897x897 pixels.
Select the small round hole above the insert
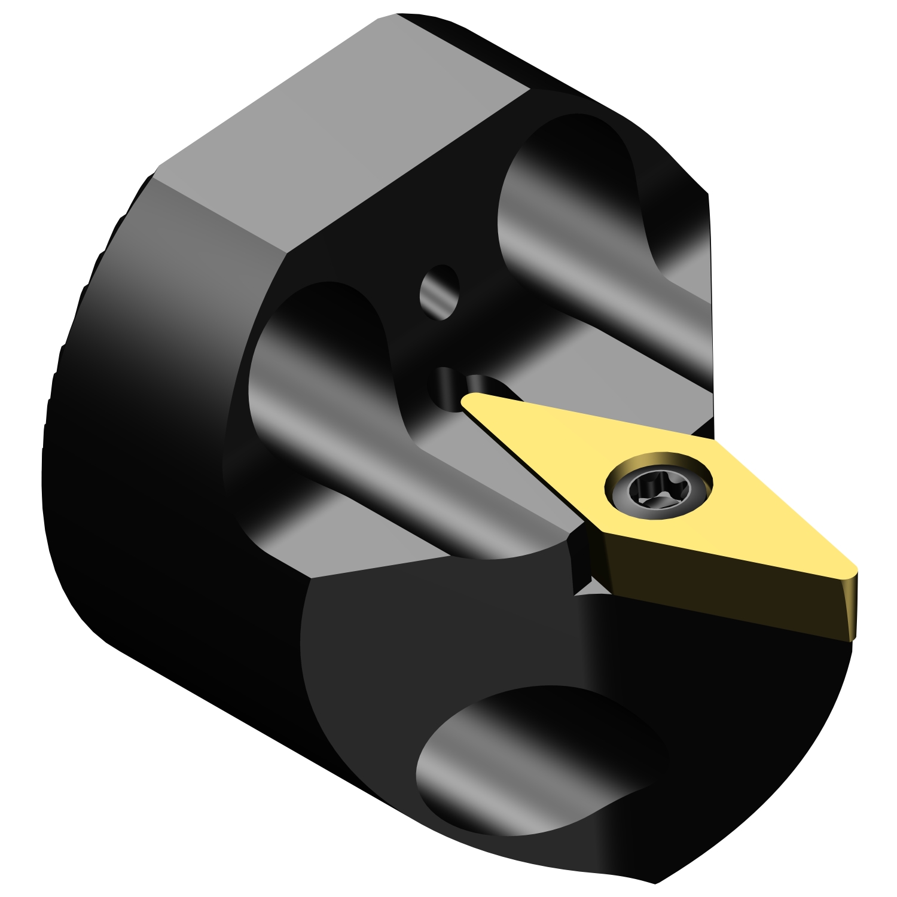coord(440,292)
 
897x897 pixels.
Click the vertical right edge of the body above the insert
coord(710,299)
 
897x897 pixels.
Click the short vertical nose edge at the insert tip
coord(853,604)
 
